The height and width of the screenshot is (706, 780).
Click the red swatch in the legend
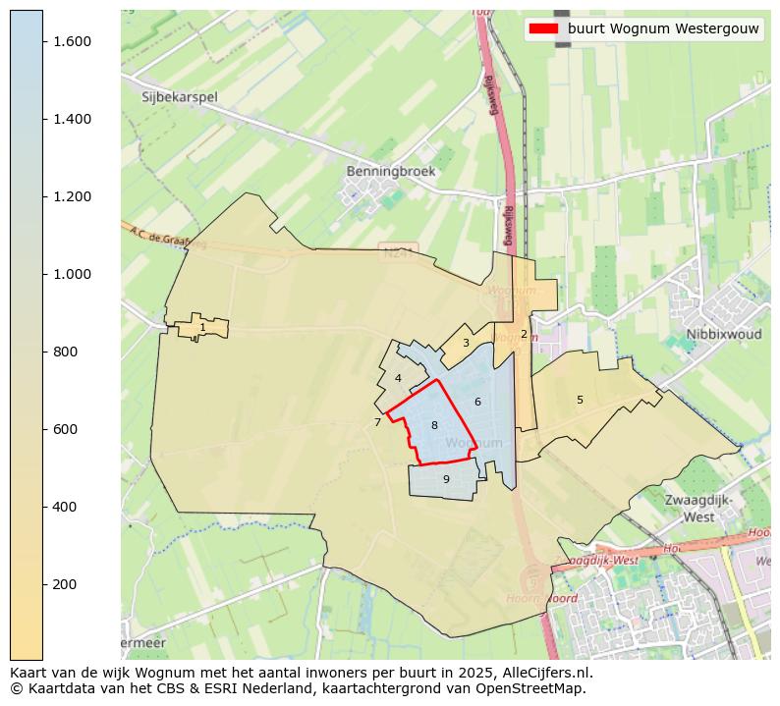pos(543,28)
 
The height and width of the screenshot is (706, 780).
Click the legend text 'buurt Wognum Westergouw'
pos(663,28)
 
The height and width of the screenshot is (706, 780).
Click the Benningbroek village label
pos(390,171)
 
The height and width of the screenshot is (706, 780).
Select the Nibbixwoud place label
pos(724,334)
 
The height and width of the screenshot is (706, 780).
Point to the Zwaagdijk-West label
pos(698,508)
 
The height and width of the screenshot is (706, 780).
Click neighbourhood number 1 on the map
pos(202,328)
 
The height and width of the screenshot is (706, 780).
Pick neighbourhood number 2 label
pos(524,334)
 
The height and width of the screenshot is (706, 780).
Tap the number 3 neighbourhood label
pos(466,344)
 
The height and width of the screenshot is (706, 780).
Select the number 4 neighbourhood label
pos(398,378)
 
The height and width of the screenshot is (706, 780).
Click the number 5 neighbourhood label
pos(580,400)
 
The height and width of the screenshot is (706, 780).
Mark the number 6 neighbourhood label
pos(477,402)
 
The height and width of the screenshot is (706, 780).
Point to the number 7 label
pos(377,423)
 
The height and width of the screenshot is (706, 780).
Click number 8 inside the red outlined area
pos(434,425)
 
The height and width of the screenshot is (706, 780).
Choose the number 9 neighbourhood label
pos(446,479)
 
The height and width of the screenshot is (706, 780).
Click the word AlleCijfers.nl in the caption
pos(545,674)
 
